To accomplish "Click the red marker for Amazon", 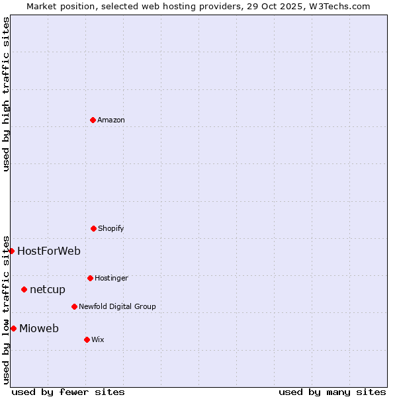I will point(93,120).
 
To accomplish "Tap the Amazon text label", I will point(111,120).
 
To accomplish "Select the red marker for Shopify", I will point(93,228).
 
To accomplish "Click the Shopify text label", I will point(110,228).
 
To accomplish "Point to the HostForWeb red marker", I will point(11,251).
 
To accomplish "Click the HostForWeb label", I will point(49,251).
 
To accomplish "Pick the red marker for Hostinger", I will point(90,278).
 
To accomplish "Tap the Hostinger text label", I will point(111,278).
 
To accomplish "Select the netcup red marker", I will point(24,289).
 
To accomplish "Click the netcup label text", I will point(48,289).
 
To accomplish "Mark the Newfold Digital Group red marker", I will point(74,306).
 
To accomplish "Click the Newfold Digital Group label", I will point(117,306).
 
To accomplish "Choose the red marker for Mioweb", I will point(13,328).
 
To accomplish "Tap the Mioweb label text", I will point(39,328).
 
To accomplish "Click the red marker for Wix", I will point(87,339).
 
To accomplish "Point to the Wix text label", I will point(98,339).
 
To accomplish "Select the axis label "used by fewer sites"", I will point(68,392).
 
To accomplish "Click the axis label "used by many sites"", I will point(332,392).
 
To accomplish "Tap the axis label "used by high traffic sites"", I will point(6,94).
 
